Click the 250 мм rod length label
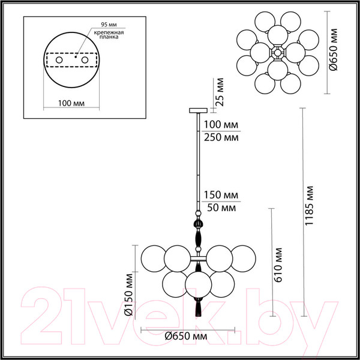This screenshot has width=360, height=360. (221, 137)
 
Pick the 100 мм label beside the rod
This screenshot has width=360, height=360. (221, 125)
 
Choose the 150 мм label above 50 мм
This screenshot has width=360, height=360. (221, 196)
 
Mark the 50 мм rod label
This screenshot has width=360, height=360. (221, 208)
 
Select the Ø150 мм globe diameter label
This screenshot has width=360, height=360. (128, 295)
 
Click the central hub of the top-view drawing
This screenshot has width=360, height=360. (278, 53)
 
